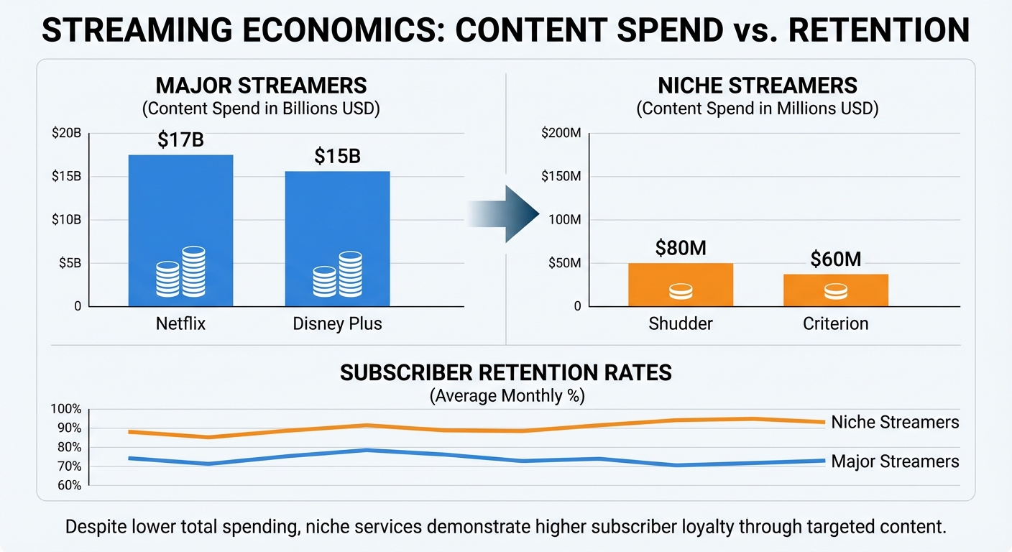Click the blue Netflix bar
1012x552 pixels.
click(x=180, y=216)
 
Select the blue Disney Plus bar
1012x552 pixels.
click(x=337, y=223)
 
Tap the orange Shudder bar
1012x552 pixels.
click(x=680, y=277)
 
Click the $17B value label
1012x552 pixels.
click(x=180, y=140)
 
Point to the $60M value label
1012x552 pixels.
click(x=835, y=259)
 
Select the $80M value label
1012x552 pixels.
click(x=681, y=248)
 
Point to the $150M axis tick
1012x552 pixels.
click(x=563, y=177)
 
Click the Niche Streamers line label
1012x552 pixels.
click(x=895, y=422)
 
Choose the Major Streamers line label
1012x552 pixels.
click(x=895, y=461)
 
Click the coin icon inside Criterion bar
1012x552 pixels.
click(x=835, y=292)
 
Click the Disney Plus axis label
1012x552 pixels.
click(x=337, y=323)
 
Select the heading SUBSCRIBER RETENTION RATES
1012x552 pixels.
click(x=506, y=372)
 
